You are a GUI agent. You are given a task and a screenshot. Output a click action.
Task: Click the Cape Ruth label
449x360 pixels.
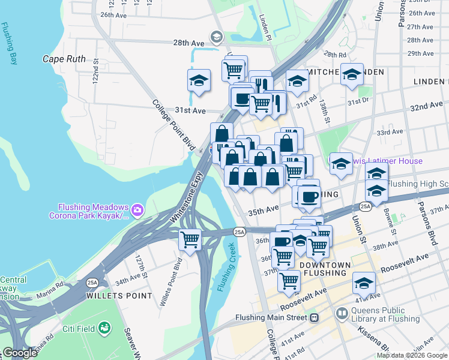click(x=64, y=59)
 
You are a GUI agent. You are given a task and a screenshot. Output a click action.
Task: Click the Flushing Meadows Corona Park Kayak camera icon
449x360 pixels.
click(x=137, y=209)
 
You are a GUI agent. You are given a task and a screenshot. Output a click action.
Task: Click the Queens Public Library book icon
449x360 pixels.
click(x=342, y=313)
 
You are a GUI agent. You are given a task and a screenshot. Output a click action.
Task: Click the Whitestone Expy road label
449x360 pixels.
click(x=188, y=197)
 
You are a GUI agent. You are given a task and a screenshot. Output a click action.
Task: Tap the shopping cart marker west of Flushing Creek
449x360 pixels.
click(x=190, y=240)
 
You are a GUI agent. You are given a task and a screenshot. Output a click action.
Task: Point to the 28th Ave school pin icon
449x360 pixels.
click(x=215, y=38)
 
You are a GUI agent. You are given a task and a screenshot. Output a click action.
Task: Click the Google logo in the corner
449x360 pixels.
click(x=20, y=353)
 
